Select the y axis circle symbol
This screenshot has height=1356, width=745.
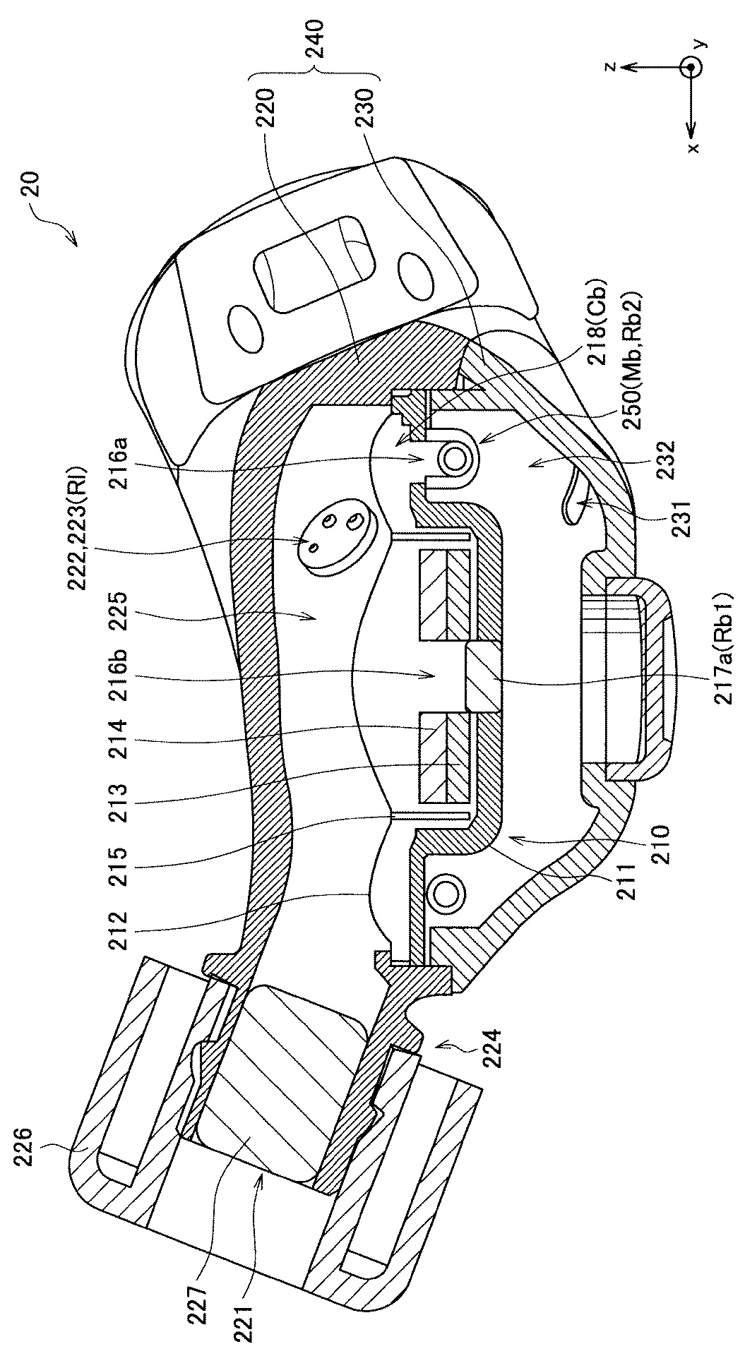[690, 67]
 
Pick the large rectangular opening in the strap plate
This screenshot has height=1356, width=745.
[316, 263]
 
